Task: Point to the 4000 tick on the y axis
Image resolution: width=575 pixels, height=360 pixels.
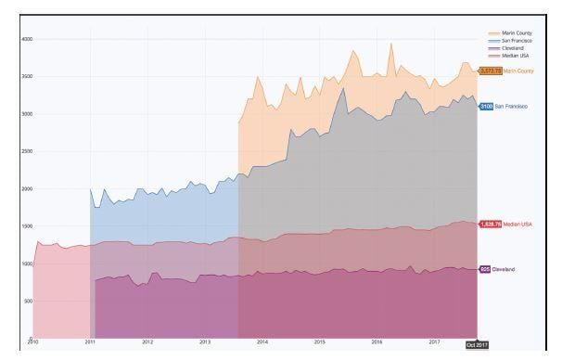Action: pos(27,39)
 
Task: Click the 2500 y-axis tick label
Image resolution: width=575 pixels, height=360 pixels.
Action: pos(27,151)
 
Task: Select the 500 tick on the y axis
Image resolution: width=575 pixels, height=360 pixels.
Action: pos(28,301)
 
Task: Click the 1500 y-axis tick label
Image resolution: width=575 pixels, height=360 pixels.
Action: pos(27,225)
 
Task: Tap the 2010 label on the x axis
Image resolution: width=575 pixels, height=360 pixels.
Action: pos(33,342)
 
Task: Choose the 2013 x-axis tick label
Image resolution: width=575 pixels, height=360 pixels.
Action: pos(205,342)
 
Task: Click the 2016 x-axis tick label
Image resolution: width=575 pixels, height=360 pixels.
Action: pos(377,342)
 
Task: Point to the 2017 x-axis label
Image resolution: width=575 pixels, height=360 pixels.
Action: pos(434,342)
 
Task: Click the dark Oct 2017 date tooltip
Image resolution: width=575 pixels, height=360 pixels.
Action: pos(476,345)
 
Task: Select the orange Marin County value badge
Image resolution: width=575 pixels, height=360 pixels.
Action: pos(490,71)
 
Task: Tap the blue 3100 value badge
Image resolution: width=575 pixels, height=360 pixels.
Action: pos(486,107)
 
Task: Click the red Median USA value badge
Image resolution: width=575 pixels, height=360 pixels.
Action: pos(490,224)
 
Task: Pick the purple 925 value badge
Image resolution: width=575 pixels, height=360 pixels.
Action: pos(485,269)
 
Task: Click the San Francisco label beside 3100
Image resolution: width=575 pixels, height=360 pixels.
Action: pos(511,107)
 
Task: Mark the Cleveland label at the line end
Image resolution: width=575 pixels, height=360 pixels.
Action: pos(504,269)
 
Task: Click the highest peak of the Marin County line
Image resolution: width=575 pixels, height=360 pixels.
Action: pos(390,43)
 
